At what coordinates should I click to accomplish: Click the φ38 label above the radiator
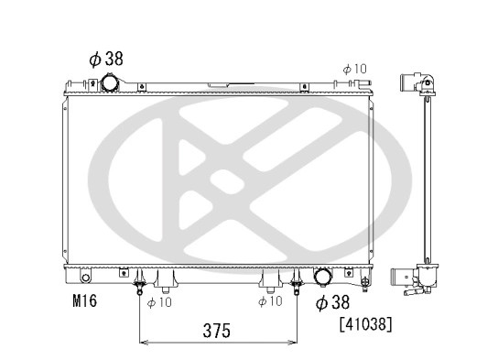click(106, 59)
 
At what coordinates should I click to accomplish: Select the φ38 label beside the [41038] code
click(332, 302)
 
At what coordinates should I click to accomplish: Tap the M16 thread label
click(84, 300)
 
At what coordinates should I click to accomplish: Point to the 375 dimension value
click(217, 331)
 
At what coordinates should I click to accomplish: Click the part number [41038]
click(366, 324)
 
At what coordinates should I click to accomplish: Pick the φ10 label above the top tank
click(355, 69)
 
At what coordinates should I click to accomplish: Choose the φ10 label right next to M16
click(159, 302)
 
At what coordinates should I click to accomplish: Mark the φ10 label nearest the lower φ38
click(270, 300)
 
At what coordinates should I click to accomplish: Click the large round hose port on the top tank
click(110, 83)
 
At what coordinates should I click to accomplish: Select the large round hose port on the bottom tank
click(323, 277)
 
